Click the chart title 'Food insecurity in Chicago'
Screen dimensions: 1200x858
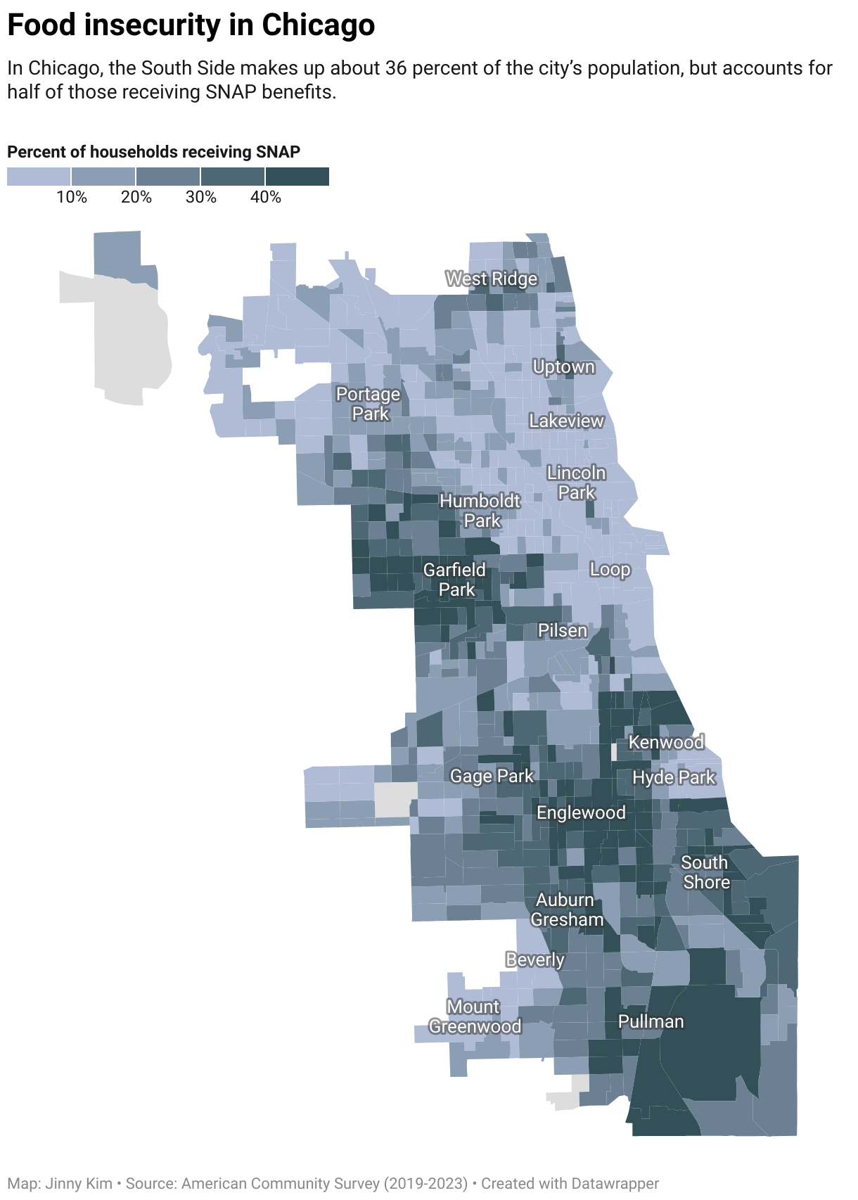click(191, 25)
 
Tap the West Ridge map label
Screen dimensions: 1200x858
click(492, 279)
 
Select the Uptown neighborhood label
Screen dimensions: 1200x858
click(563, 367)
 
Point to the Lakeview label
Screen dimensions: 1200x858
click(566, 421)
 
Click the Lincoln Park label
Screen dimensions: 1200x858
click(577, 483)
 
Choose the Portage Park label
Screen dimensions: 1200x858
click(369, 404)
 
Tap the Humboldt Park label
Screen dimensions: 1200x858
click(480, 511)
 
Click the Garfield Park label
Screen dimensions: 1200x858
click(455, 580)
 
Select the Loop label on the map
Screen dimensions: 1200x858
click(610, 569)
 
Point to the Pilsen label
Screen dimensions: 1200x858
click(562, 630)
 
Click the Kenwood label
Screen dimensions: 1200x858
click(666, 742)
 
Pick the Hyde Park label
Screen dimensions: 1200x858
click(674, 777)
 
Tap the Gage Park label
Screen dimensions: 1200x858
click(492, 776)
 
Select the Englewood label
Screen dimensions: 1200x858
click(581, 812)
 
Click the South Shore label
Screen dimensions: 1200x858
click(705, 872)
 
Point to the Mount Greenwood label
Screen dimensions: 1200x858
click(475, 1017)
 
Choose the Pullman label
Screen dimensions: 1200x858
click(651, 1021)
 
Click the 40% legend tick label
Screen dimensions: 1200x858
click(266, 197)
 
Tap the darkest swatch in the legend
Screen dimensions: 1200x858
click(297, 177)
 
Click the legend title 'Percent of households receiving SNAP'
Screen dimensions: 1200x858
click(154, 152)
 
